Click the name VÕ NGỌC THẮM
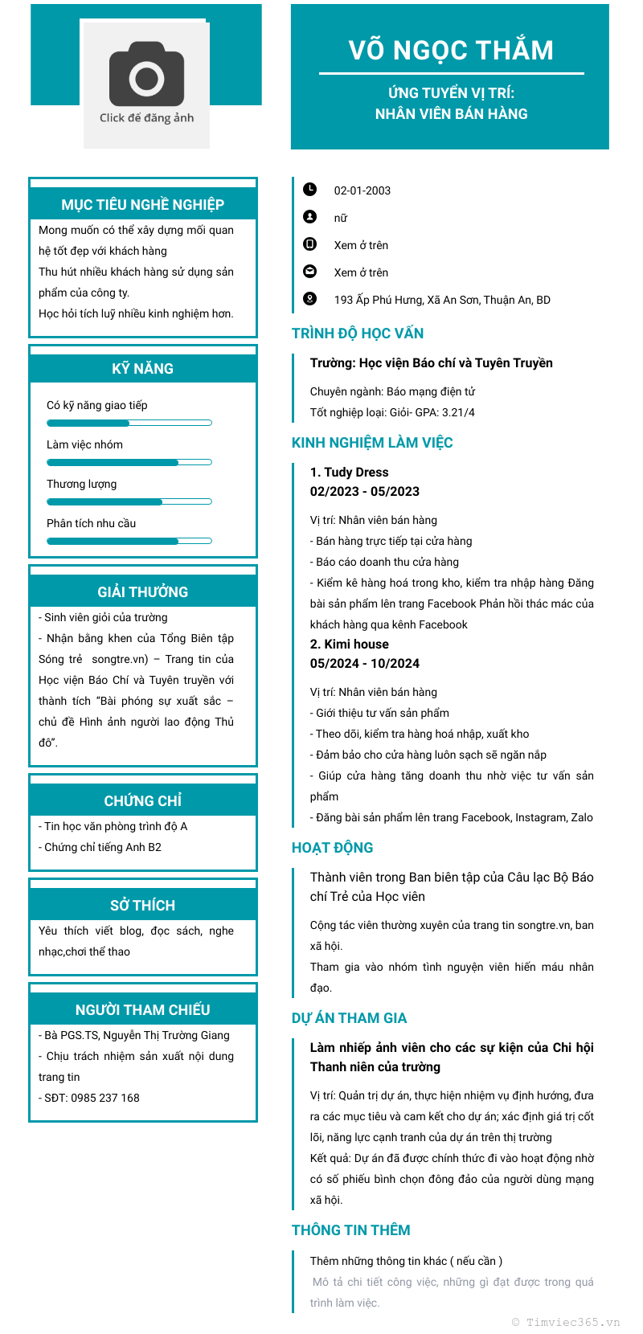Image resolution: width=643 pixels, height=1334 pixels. [451, 50]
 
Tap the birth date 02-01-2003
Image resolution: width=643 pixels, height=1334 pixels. [362, 190]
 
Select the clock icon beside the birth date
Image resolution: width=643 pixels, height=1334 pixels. [309, 189]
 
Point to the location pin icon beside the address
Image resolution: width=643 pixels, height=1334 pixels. [309, 298]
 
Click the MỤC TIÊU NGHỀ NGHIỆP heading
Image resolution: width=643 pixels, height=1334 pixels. [142, 205]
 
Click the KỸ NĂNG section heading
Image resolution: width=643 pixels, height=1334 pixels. [142, 369]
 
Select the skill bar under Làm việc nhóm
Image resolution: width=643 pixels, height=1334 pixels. [129, 462]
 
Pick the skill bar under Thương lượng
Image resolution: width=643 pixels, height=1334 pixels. [129, 501]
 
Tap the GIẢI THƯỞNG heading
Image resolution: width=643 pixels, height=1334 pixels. [142, 592]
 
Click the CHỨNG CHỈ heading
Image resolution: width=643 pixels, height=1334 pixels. [142, 801]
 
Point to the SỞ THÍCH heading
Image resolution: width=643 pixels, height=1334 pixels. [142, 906]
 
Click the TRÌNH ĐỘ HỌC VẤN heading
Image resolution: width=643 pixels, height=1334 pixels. [358, 333]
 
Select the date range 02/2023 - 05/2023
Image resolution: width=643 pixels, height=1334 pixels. [365, 491]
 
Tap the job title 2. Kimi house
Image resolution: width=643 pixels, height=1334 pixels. [350, 644]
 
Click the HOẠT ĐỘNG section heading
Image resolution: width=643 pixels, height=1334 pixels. [332, 848]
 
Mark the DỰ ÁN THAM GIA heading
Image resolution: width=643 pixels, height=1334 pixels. [349, 1018]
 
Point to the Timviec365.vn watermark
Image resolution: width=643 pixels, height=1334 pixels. [566, 1322]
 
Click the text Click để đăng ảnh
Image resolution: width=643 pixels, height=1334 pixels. [146, 118]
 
